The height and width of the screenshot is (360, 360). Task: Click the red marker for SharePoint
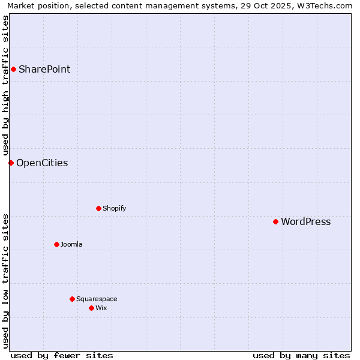point(13,69)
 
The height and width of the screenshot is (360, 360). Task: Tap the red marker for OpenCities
point(11,163)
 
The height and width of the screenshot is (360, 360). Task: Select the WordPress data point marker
point(275,221)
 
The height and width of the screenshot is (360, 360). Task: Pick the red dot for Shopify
point(98,208)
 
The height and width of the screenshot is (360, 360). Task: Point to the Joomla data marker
point(56,244)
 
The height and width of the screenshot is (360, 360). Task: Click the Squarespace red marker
point(72,299)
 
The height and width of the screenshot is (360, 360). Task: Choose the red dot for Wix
point(91,308)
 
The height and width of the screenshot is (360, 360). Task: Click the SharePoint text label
point(44,69)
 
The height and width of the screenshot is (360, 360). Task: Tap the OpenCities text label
point(42,163)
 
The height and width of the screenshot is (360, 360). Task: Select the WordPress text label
point(305,221)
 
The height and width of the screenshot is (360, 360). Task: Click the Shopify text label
point(114,208)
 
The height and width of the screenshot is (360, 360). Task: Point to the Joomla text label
point(71,244)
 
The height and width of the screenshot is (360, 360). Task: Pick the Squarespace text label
point(97,299)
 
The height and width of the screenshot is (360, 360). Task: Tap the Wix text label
point(101,308)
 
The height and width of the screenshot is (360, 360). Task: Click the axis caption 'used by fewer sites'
point(62,355)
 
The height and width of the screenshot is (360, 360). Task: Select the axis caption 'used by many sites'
point(301,355)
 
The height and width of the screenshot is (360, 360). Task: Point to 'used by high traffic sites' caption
point(5,85)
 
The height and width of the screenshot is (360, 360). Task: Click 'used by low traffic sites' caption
point(5,281)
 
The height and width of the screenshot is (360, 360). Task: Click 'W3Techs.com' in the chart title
point(326,5)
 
